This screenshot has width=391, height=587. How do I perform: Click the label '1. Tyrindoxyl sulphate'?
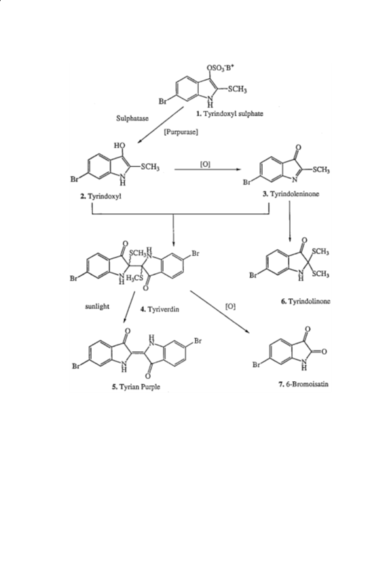(x=229, y=114)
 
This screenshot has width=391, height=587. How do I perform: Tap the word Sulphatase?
(x=132, y=118)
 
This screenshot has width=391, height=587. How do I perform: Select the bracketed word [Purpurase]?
(x=181, y=132)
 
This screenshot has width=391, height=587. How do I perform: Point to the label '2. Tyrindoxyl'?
(x=100, y=196)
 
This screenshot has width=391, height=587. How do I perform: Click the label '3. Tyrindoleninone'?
(x=291, y=194)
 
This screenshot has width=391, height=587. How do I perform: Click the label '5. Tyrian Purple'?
(x=136, y=387)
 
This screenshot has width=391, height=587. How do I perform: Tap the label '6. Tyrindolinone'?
(x=305, y=301)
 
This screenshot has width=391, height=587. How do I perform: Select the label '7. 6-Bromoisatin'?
(x=303, y=384)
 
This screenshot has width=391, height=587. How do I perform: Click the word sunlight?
(x=97, y=306)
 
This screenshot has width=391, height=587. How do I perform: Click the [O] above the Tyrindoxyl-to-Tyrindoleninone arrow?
(x=206, y=164)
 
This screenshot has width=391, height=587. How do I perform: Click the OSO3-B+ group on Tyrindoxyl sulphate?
(x=221, y=69)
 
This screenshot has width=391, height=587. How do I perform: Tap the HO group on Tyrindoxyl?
(x=119, y=145)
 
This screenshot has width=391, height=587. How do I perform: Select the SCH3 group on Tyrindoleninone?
(x=321, y=170)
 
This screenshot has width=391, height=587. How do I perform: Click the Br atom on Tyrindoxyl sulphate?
(x=163, y=101)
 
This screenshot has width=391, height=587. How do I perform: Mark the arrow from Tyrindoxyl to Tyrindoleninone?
(x=208, y=170)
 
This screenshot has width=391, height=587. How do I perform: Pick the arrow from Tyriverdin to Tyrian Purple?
(x=129, y=307)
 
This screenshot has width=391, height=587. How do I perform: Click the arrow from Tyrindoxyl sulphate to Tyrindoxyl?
(x=160, y=124)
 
